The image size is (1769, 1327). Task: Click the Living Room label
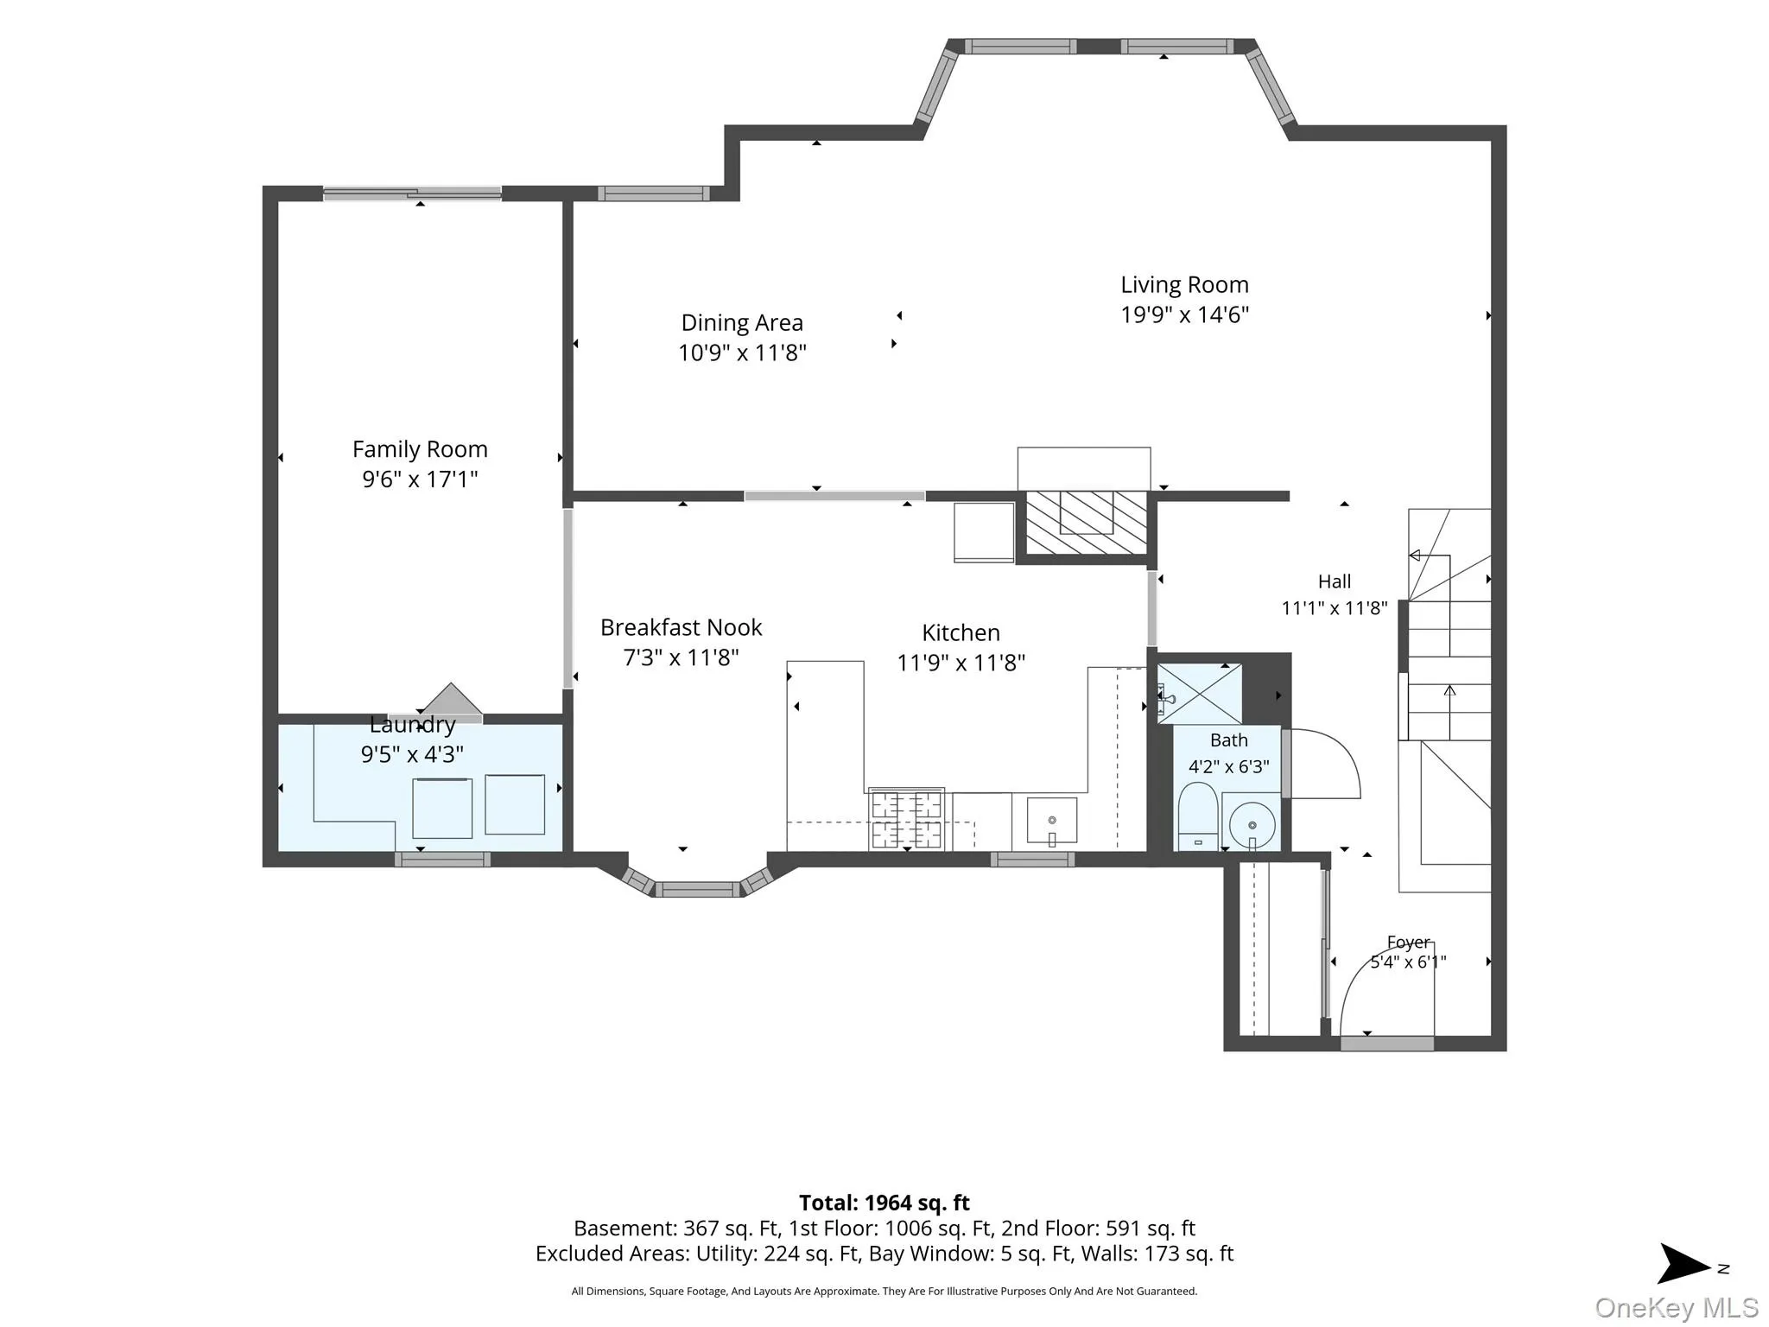1184,285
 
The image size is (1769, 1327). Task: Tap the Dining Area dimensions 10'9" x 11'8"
742,352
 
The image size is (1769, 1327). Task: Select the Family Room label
420,449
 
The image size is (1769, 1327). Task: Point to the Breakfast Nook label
682,627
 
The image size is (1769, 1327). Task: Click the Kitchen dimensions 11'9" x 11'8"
961,663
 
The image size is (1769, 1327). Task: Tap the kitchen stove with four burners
906,819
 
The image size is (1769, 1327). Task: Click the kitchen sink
1052,821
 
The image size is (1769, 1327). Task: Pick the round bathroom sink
1252,826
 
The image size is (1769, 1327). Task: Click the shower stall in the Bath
1199,694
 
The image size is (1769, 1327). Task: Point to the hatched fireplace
1086,523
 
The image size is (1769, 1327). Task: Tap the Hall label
1335,581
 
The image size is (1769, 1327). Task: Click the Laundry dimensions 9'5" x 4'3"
412,754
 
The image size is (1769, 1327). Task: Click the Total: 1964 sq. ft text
884,1203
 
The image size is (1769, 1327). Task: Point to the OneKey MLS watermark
1677,1308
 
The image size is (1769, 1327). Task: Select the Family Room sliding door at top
412,194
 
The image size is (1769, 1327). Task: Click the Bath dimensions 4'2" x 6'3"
1229,766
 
